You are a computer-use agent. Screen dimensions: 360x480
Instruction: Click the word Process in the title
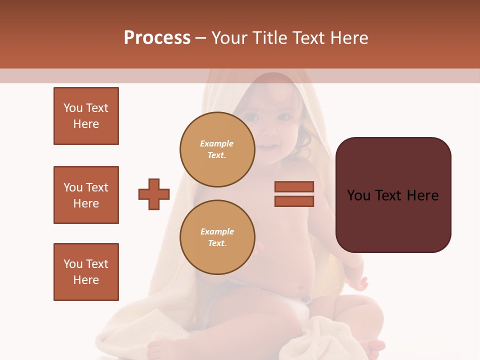157,38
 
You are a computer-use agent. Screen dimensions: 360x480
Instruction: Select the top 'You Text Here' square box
86,116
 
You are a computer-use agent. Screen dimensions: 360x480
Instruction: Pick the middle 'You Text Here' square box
86,195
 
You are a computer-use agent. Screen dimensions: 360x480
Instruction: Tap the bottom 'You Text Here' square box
86,272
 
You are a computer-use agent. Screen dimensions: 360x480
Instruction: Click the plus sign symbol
154,194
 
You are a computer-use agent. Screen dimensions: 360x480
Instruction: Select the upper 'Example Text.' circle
217,149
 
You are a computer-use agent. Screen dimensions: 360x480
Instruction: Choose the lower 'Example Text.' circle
217,237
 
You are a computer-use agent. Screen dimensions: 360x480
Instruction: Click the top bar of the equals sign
294,186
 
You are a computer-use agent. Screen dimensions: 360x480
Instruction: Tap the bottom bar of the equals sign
294,201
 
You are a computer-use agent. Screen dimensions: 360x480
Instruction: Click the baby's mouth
269,146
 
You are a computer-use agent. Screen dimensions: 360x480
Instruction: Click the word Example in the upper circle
216,143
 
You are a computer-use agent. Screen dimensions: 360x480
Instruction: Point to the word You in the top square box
72,108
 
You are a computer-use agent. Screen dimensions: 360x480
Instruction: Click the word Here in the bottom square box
86,280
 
